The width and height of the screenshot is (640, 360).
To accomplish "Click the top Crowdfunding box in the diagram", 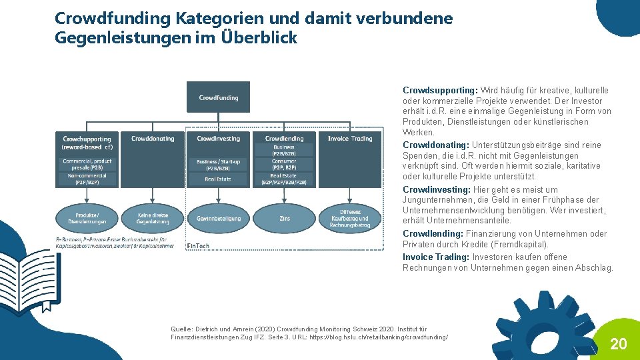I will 218,97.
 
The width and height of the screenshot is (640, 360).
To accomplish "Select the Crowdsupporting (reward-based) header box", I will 87,143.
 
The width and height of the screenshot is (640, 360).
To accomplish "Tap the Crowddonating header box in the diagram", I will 153,139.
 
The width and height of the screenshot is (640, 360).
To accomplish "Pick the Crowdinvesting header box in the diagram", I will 218,139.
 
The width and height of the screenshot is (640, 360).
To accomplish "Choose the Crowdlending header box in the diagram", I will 284,139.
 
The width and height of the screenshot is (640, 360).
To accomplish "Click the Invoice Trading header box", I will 350,139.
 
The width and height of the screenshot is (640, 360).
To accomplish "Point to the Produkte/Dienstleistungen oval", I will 87,218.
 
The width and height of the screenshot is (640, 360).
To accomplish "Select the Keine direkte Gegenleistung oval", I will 153,218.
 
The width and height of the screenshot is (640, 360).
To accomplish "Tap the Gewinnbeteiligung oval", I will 218,218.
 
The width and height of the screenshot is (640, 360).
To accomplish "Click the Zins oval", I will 284,218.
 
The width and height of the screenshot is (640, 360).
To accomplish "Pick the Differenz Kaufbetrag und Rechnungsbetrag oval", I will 350,218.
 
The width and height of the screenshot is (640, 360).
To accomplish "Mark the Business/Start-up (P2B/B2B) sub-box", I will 218,165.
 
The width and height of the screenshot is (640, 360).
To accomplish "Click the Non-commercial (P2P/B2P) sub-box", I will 87,179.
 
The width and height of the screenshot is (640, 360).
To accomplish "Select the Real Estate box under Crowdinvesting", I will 218,179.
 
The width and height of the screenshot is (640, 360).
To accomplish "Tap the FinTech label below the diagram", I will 198,246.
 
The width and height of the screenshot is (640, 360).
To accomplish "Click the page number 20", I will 619,344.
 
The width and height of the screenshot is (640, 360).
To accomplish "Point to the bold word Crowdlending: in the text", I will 433,234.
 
